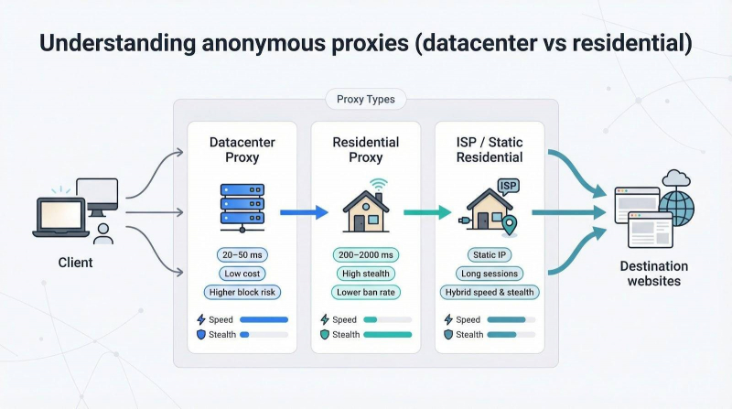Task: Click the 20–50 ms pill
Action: coord(242,255)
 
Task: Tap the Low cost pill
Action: coord(242,274)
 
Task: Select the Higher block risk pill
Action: coord(242,292)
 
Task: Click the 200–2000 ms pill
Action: coord(366,255)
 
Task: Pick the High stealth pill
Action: coord(366,274)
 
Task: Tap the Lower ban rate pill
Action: coord(366,292)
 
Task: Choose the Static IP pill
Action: coord(490,255)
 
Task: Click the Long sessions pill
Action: coord(490,274)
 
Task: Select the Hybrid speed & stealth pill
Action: coord(490,292)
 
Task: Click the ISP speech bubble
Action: coord(509,187)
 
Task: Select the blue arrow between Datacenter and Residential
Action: coord(303,212)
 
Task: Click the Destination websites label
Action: coord(653,274)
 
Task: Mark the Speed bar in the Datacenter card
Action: coord(264,319)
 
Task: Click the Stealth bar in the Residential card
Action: coord(388,335)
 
